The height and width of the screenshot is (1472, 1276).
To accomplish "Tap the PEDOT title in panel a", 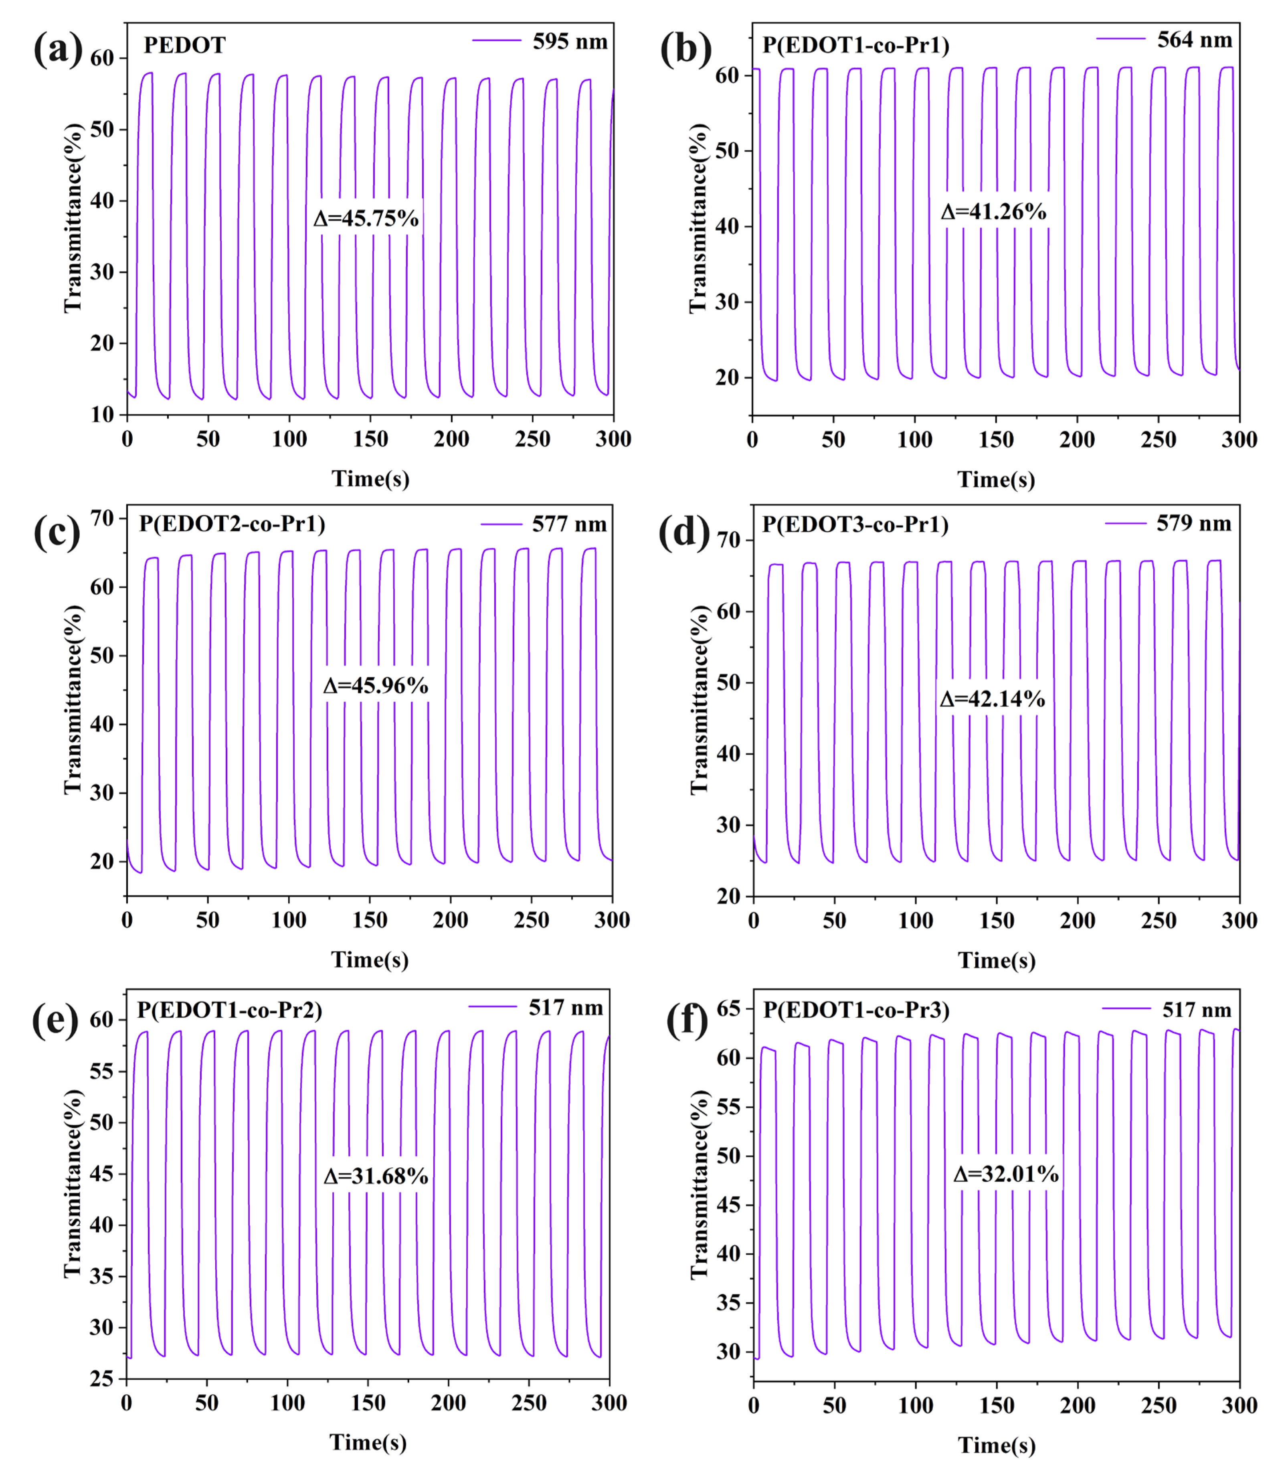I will pos(184,46).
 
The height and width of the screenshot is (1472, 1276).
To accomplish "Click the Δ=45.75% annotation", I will pos(366,219).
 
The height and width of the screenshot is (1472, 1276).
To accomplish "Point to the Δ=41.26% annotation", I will pos(993,212).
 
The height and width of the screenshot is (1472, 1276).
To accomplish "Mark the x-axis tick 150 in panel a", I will pos(370,439).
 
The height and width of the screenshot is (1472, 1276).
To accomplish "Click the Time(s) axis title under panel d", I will pos(996,961).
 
